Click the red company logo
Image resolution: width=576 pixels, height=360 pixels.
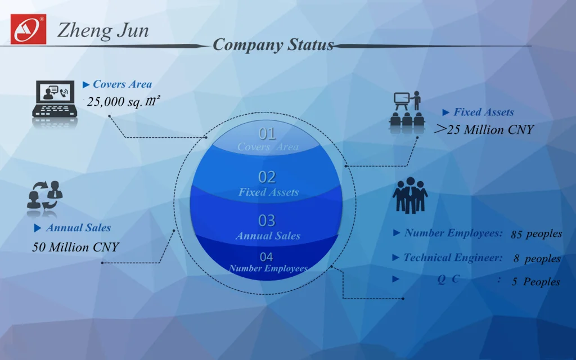[x=28, y=29]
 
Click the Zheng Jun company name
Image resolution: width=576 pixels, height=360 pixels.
[x=103, y=30]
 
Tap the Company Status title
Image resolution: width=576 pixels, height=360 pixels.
[x=273, y=45]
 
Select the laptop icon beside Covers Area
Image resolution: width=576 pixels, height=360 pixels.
[x=54, y=100]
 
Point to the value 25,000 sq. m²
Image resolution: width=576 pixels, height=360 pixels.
[x=124, y=102]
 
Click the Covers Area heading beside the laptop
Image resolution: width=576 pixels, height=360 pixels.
[x=122, y=84]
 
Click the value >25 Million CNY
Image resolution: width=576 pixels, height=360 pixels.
[x=484, y=130]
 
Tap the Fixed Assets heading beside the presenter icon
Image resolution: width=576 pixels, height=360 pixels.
[x=483, y=112]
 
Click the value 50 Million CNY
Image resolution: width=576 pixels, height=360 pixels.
[x=75, y=247]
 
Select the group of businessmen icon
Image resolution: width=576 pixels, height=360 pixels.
[x=410, y=195]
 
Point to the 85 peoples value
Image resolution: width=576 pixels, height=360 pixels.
[x=536, y=234]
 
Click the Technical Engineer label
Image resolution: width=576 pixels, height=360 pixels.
[x=453, y=258]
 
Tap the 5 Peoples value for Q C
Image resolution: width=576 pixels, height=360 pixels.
[x=535, y=282]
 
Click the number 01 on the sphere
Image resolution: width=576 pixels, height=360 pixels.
[x=267, y=134]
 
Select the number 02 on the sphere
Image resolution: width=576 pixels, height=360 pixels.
[x=267, y=177]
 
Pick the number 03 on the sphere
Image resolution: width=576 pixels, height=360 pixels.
[x=267, y=220]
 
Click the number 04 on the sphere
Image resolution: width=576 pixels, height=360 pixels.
[x=267, y=257]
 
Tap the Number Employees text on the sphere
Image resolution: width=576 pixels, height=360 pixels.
[x=268, y=268]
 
